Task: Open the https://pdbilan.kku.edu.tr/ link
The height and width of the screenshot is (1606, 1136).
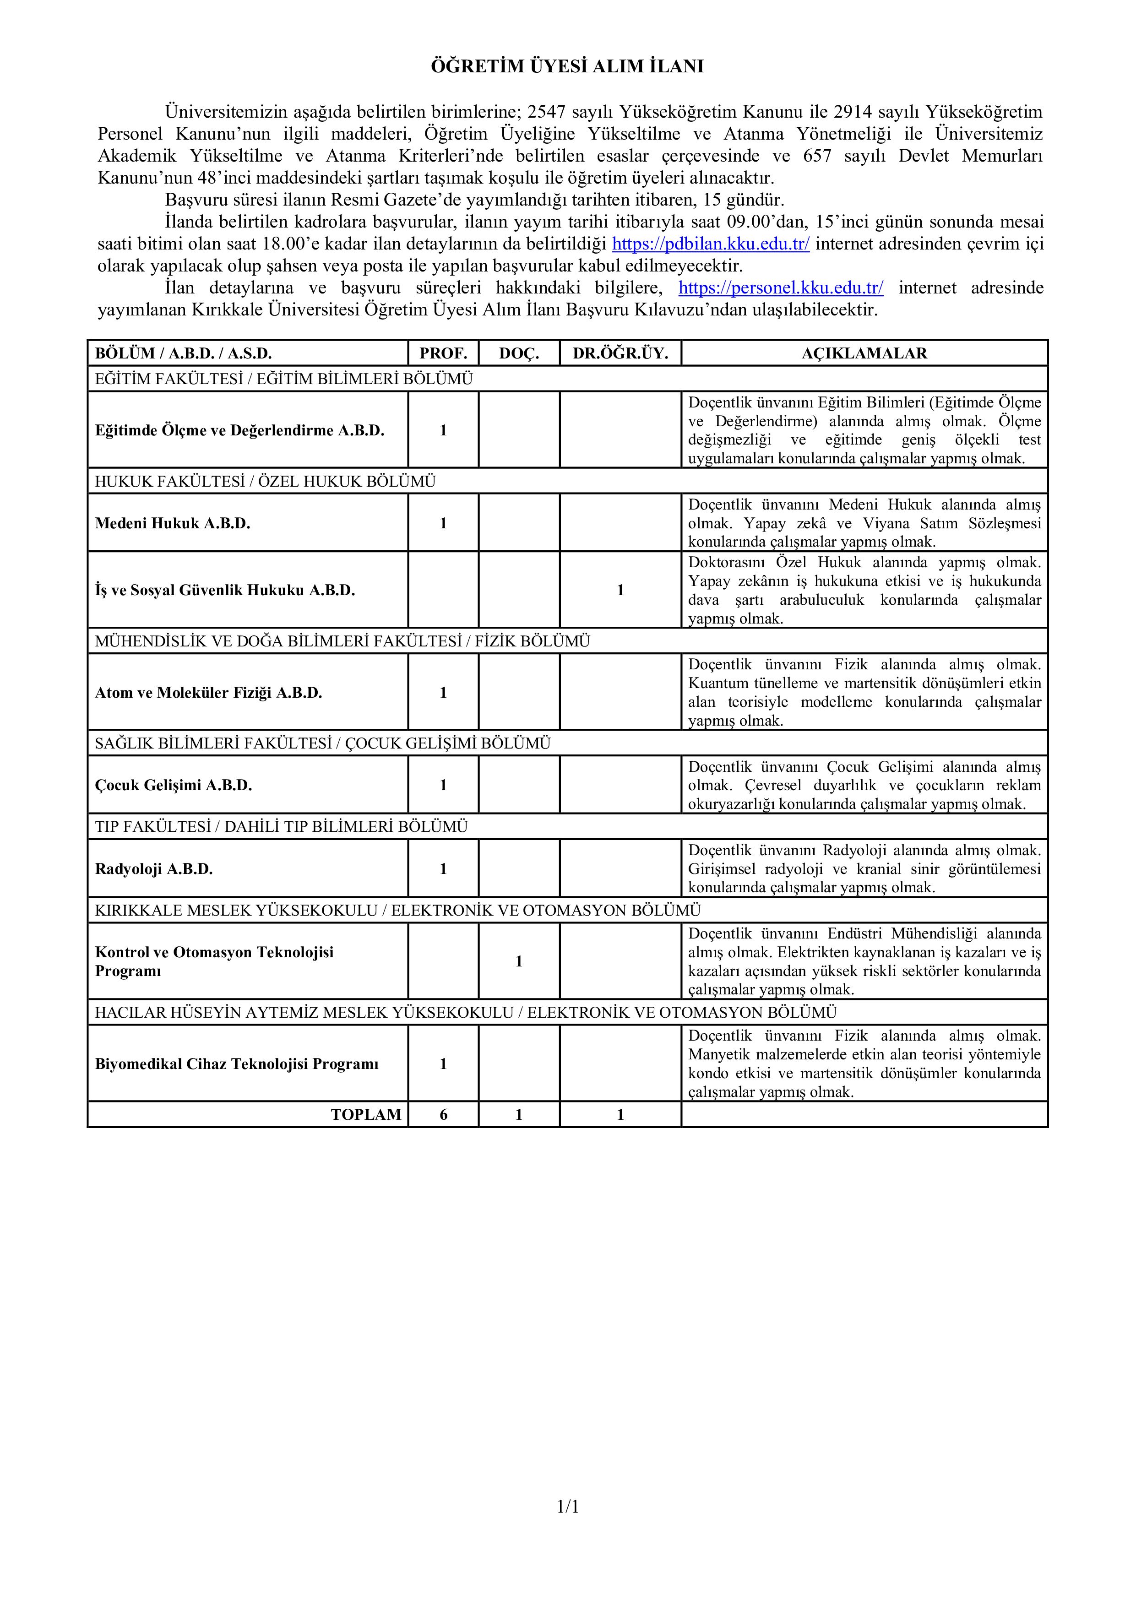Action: pyautogui.click(x=711, y=244)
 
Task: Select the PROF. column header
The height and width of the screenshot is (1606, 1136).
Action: pyautogui.click(x=444, y=354)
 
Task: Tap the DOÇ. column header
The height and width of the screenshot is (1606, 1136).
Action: pyautogui.click(x=519, y=354)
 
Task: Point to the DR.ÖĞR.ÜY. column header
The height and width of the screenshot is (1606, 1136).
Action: pyautogui.click(x=620, y=354)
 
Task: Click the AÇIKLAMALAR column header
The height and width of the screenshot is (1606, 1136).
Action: pyautogui.click(x=864, y=354)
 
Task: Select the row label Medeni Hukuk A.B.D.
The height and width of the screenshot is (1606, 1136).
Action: pyautogui.click(x=173, y=523)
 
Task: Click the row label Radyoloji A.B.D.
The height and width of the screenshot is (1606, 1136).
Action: pyautogui.click(x=154, y=869)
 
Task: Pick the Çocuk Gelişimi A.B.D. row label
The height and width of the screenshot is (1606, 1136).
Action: pyautogui.click(x=174, y=785)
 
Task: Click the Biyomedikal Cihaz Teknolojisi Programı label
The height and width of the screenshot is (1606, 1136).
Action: pyautogui.click(x=236, y=1064)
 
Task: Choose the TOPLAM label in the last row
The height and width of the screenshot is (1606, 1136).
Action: pyautogui.click(x=366, y=1115)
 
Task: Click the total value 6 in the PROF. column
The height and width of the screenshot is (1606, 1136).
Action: pyautogui.click(x=444, y=1115)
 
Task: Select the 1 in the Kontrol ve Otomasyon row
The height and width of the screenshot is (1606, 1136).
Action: pyautogui.click(x=519, y=962)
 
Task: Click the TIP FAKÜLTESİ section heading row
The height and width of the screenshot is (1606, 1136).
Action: pyautogui.click(x=281, y=827)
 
